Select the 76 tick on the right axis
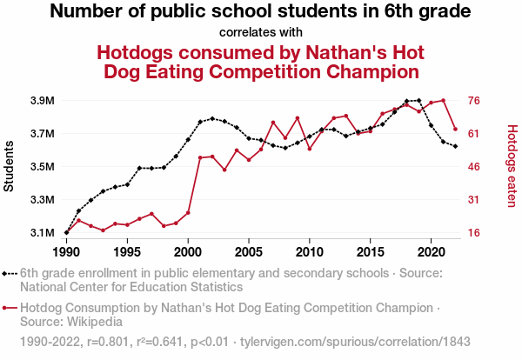[475, 101]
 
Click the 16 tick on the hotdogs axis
[475, 233]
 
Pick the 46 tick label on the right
[475, 167]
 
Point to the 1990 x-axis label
[66, 251]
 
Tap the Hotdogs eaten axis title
[512, 167]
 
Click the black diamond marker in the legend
[9, 273]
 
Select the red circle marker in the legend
[9, 308]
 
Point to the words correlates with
[261, 33]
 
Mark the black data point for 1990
[66, 233]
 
